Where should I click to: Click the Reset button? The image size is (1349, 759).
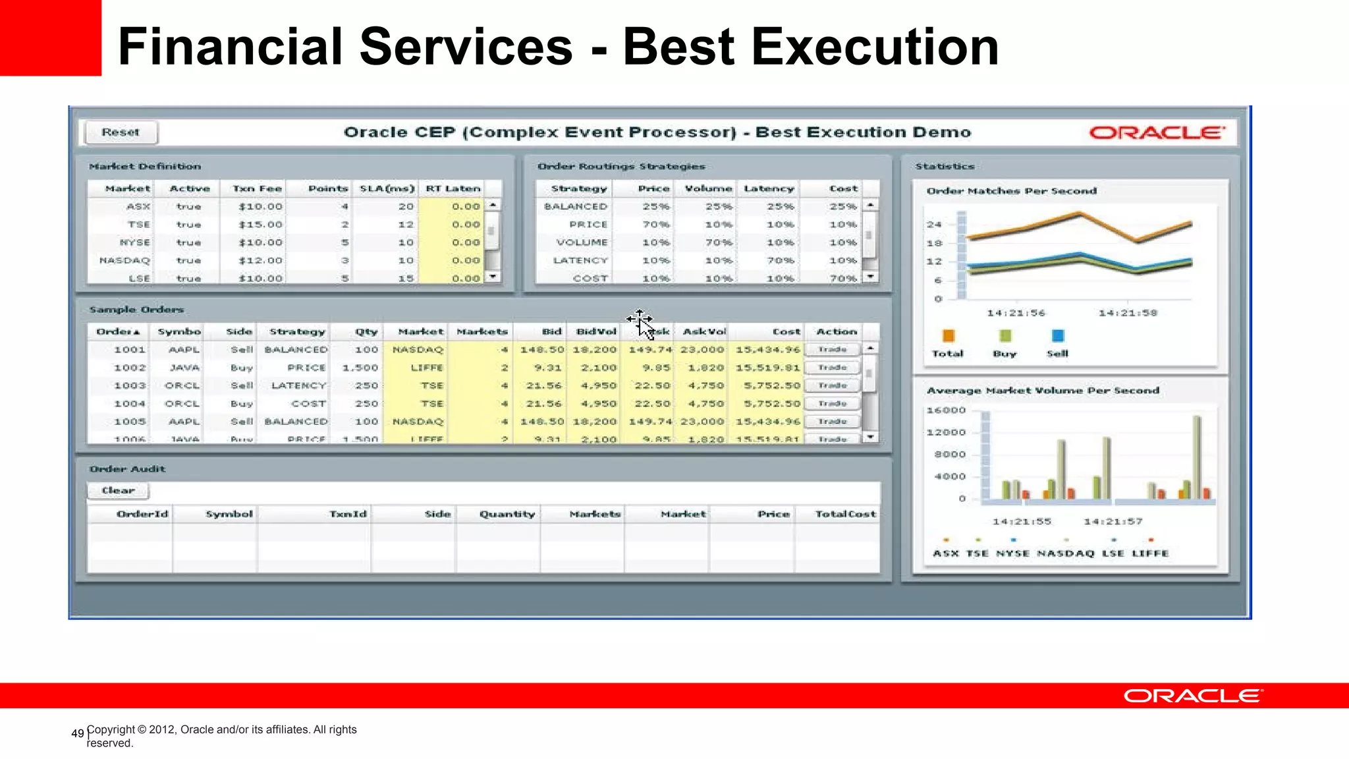tap(121, 132)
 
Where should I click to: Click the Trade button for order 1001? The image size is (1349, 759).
tap(833, 350)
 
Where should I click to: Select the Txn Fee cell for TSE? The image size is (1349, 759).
tap(261, 225)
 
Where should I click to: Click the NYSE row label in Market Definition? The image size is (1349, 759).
tap(135, 242)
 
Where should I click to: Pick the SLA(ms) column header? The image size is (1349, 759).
tap(387, 188)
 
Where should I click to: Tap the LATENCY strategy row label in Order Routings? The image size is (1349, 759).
tap(580, 260)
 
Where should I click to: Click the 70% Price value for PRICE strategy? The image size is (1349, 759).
tap(655, 225)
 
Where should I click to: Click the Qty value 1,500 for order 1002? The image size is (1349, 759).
tap(360, 368)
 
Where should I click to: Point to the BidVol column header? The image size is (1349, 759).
tap(596, 331)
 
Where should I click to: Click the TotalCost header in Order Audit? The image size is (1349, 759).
tap(845, 514)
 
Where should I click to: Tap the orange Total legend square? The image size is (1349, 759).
tap(949, 336)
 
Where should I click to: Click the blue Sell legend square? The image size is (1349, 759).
tap(1058, 336)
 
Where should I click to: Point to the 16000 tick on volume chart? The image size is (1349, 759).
tap(946, 410)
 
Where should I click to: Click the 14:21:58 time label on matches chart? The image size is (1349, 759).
tap(1128, 313)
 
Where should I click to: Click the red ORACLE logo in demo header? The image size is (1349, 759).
tap(1157, 132)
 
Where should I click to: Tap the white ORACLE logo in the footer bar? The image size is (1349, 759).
tap(1193, 696)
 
